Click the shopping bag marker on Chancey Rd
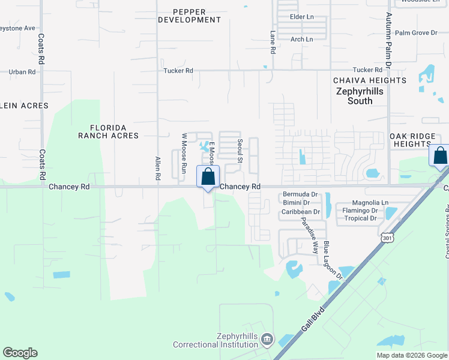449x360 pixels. click(208, 177)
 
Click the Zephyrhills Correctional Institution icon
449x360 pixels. click(267, 340)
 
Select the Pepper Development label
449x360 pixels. click(189, 16)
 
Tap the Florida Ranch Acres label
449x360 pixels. click(108, 131)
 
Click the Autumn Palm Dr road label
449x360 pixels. click(388, 40)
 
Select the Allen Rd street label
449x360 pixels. click(158, 169)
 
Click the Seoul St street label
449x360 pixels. click(239, 151)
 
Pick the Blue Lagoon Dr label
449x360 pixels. click(333, 260)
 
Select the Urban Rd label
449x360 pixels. click(22, 72)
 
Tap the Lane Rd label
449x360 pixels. click(272, 43)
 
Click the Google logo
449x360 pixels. click(20, 353)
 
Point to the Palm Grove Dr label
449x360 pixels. click(416, 32)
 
